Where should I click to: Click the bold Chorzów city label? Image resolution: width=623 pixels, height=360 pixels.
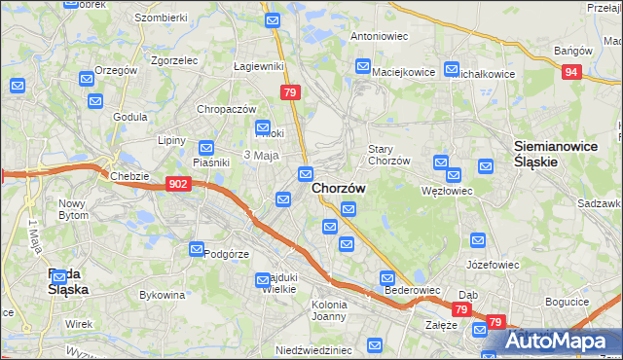pyautogui.click(x=338, y=191)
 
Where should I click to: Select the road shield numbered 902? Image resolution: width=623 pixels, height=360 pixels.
pyautogui.click(x=178, y=183)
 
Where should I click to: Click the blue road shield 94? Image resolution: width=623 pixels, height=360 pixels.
pyautogui.click(x=572, y=71)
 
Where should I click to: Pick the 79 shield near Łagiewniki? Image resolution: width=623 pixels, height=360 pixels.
pyautogui.click(x=290, y=92)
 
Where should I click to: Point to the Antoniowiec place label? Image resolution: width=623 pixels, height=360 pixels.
pyautogui.click(x=378, y=35)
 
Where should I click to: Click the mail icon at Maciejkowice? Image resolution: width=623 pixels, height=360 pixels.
pyautogui.click(x=363, y=67)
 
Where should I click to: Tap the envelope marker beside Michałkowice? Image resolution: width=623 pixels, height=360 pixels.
pyautogui.click(x=452, y=69)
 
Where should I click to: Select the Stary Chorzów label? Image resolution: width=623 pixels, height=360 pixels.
pyautogui.click(x=388, y=155)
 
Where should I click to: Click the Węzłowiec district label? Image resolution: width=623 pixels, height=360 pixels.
pyautogui.click(x=449, y=191)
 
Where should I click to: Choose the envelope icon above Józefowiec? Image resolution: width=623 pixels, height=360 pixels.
pyautogui.click(x=478, y=239)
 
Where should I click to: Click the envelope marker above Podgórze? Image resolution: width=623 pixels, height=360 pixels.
pyautogui.click(x=197, y=248)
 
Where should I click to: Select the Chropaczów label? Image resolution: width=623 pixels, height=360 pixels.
pyautogui.click(x=227, y=109)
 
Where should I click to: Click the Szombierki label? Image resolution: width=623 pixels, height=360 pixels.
pyautogui.click(x=162, y=18)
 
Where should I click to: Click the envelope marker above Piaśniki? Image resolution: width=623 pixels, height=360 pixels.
pyautogui.click(x=205, y=148)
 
